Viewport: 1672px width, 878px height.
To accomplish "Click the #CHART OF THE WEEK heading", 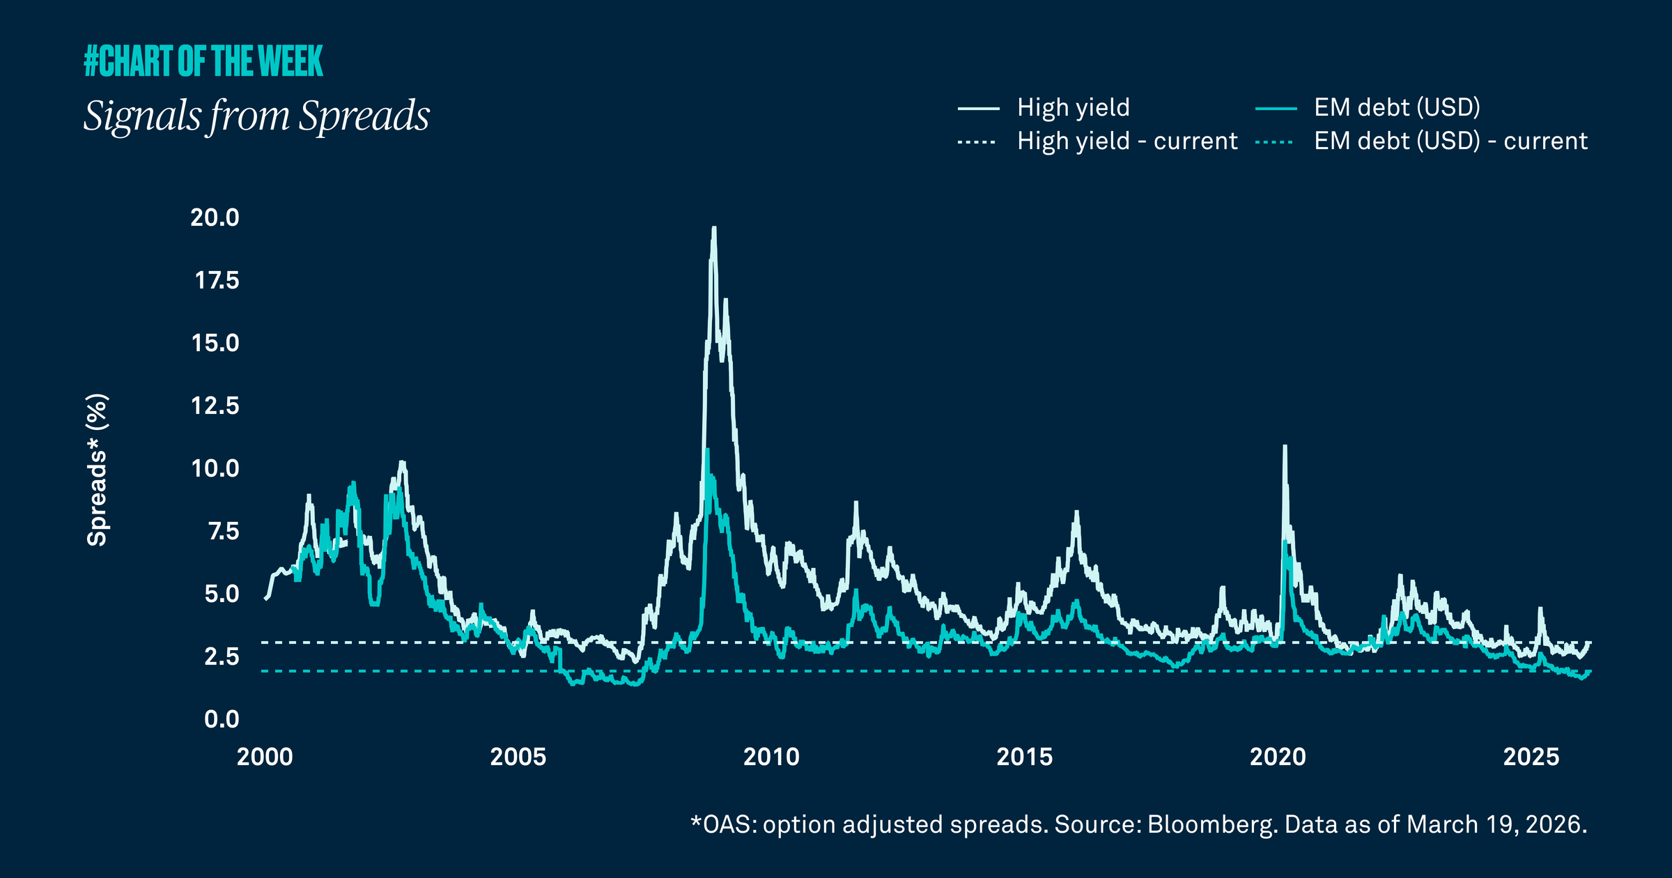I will click(203, 61).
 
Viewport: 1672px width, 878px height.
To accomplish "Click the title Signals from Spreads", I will click(256, 115).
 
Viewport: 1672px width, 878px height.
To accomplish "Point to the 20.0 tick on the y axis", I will click(215, 217).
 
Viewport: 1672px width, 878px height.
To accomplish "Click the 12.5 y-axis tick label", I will click(215, 406).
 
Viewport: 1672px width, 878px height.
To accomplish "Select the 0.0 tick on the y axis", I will click(222, 719).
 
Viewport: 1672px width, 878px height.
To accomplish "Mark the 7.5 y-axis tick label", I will click(223, 531).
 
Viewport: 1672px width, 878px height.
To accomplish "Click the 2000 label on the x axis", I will click(265, 757).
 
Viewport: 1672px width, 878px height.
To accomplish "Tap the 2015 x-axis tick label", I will click(1024, 757).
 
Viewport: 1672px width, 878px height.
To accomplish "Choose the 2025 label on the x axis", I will click(1531, 757).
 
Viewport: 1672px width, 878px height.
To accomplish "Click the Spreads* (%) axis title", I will click(97, 470).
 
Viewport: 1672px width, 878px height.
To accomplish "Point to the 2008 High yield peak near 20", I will click(713, 229).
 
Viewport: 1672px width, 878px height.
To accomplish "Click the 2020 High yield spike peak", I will click(1285, 447).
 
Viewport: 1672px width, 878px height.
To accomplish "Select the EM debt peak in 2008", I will click(707, 450).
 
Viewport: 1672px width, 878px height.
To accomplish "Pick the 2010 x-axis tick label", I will click(771, 757).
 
